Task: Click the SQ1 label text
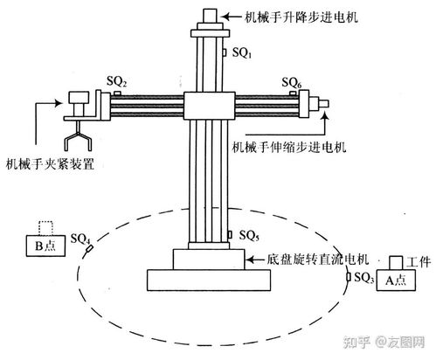click(x=241, y=52)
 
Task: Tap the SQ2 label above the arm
click(x=116, y=81)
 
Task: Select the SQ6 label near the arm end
click(x=291, y=83)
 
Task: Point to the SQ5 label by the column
click(x=249, y=235)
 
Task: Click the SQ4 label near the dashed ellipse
click(x=80, y=239)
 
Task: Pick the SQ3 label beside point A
click(x=363, y=278)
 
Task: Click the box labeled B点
click(x=45, y=246)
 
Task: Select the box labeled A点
click(x=396, y=280)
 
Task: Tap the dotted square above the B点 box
click(x=46, y=228)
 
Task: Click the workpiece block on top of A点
click(x=396, y=263)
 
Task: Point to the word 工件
click(x=419, y=262)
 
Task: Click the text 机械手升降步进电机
click(x=301, y=17)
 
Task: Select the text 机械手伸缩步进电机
click(x=289, y=147)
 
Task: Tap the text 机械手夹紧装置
click(x=50, y=164)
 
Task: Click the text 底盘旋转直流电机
click(x=318, y=259)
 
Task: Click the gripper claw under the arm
click(x=78, y=137)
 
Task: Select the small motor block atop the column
click(x=210, y=16)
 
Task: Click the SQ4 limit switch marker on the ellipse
click(x=90, y=248)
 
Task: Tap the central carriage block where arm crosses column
click(x=209, y=106)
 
